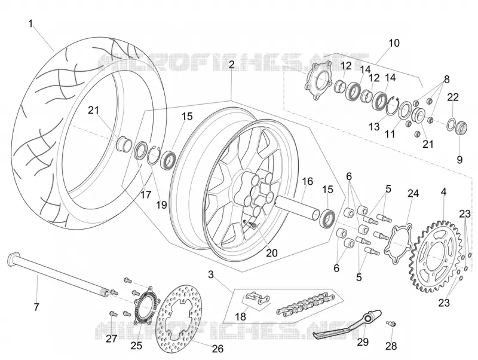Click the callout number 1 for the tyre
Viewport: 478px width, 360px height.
(x=30, y=24)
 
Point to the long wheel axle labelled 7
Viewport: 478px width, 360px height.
(x=59, y=274)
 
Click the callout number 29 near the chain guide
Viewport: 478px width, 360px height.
(x=363, y=342)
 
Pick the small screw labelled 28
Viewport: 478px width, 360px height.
(x=391, y=323)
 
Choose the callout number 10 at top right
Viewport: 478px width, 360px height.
(x=394, y=43)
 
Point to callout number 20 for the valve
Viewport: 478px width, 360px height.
(x=272, y=253)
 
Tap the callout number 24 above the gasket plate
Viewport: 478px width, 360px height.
(x=413, y=193)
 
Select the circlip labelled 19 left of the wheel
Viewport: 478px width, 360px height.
(x=154, y=155)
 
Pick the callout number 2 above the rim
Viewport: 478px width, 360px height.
(x=232, y=65)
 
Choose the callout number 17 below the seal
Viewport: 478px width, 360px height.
(x=146, y=194)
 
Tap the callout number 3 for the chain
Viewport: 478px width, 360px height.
(x=211, y=274)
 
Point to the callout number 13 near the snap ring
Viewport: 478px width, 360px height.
(x=374, y=126)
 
